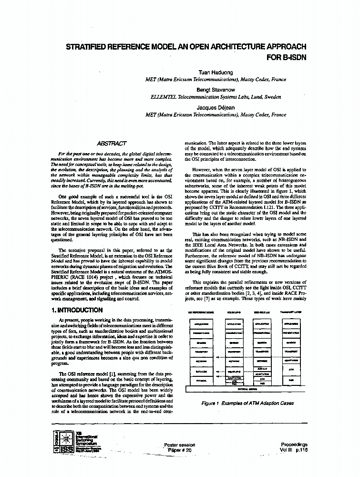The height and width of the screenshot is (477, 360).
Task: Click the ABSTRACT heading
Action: pyautogui.click(x=112, y=143)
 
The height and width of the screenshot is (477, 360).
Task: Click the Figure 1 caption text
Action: pyautogui.click(x=247, y=403)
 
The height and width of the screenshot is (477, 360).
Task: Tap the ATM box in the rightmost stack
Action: pyautogui.click(x=290, y=370)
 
